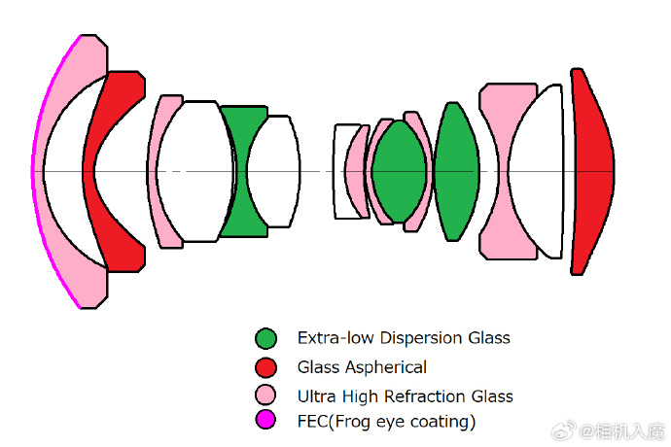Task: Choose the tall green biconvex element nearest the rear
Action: tap(455, 172)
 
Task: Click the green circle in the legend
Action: tap(265, 338)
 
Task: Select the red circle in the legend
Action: tap(265, 366)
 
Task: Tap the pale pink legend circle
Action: tap(265, 395)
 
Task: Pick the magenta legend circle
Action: tap(265, 421)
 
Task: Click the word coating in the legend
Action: tap(440, 422)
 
